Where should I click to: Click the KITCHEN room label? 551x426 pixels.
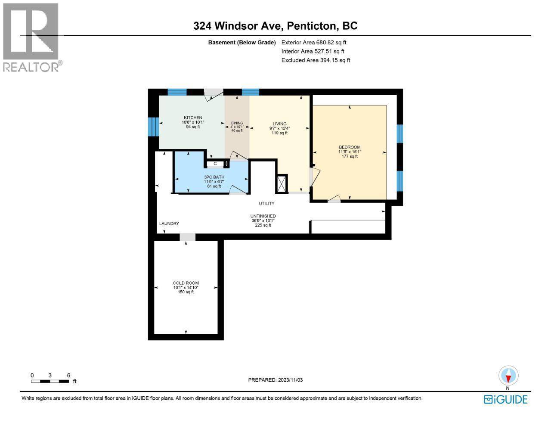(193, 118)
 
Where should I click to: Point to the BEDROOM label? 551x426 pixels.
(349, 147)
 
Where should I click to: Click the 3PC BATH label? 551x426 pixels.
(212, 177)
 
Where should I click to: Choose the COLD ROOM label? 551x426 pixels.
(186, 283)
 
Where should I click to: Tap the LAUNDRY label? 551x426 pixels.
(169, 224)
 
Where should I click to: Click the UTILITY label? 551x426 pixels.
(266, 203)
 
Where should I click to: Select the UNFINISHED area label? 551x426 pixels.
(263, 216)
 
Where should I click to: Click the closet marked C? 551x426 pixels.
(215, 164)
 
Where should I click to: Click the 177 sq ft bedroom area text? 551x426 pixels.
(349, 156)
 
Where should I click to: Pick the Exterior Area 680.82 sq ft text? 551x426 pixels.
(313, 43)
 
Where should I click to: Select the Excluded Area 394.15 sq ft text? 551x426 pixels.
(316, 60)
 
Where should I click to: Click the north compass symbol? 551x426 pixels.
(508, 376)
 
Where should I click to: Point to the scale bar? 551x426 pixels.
(50, 381)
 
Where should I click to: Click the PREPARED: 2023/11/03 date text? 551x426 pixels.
(278, 380)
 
